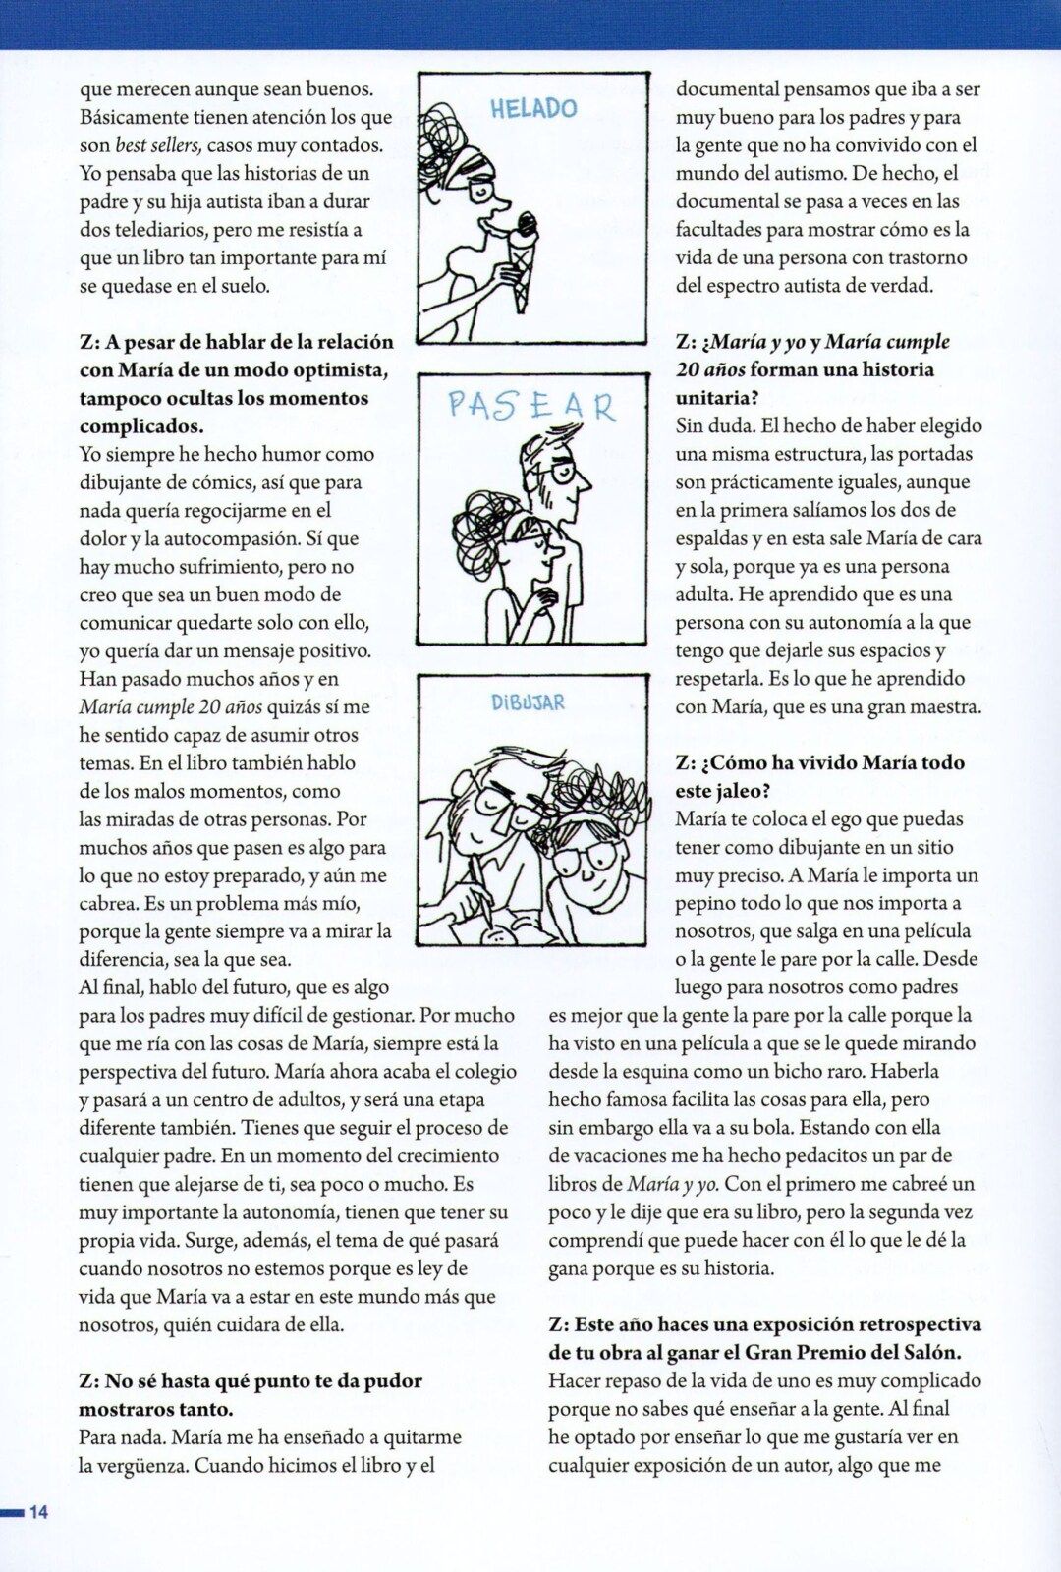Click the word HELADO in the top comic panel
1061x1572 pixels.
coord(533,108)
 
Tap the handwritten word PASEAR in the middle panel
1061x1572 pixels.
coord(531,405)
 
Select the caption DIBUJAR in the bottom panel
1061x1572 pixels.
coord(529,702)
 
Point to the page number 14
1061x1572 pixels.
coord(38,1512)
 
